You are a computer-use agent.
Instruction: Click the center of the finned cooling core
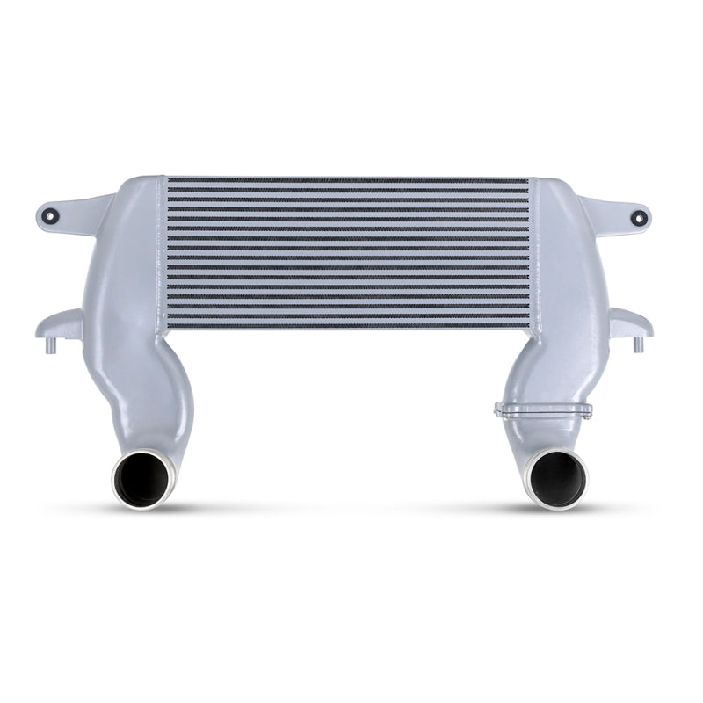click(348, 250)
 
